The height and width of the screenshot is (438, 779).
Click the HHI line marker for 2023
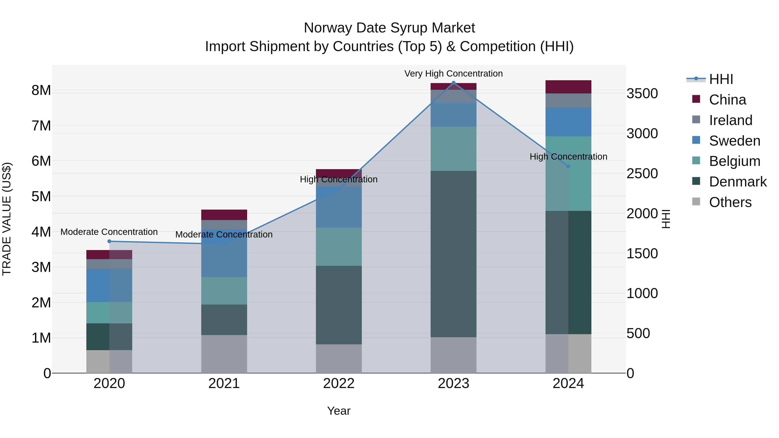[x=453, y=83]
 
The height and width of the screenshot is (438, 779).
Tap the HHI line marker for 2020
[x=109, y=241]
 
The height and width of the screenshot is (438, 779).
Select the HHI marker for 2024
[x=568, y=166]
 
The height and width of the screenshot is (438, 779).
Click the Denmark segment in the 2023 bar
[x=453, y=254]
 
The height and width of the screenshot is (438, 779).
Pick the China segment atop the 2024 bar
[x=568, y=87]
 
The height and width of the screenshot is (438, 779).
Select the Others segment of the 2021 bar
[x=224, y=354]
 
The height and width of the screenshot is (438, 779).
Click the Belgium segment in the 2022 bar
[x=339, y=247]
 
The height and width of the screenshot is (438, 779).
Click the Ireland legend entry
[x=730, y=120]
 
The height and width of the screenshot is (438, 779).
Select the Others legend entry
[x=730, y=202]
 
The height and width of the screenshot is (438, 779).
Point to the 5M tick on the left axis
[x=41, y=196]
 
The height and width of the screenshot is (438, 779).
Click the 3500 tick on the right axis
[x=642, y=93]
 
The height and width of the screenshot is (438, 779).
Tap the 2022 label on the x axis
[x=339, y=383]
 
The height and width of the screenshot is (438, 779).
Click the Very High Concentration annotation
[x=453, y=74]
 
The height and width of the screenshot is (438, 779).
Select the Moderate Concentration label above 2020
[x=109, y=232]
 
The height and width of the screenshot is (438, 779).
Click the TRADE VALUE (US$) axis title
[x=7, y=219]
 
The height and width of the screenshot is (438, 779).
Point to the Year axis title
[x=339, y=411]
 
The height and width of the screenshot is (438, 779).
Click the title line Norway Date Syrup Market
[x=389, y=28]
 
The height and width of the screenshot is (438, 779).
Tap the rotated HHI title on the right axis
[x=666, y=219]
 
